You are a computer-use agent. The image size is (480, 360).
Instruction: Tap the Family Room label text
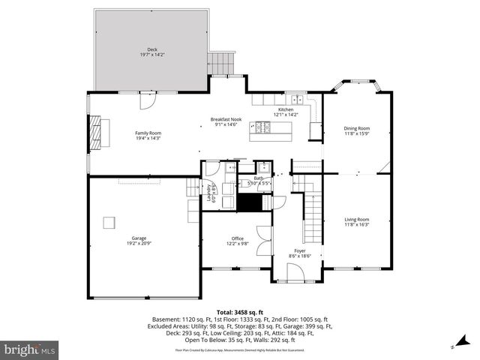(x=148, y=133)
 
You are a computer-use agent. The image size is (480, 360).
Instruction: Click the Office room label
(x=237, y=238)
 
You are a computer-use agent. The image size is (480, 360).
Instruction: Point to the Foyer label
(x=299, y=251)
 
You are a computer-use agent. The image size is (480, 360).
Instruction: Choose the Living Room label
(x=357, y=219)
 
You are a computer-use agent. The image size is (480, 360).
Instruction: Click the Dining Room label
(x=357, y=128)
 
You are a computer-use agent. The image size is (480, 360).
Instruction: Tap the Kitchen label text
(x=286, y=109)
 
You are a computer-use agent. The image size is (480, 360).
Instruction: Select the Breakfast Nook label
(x=226, y=119)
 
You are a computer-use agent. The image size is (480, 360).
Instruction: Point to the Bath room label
(x=259, y=178)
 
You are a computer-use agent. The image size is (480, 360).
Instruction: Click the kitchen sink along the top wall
(x=298, y=99)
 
